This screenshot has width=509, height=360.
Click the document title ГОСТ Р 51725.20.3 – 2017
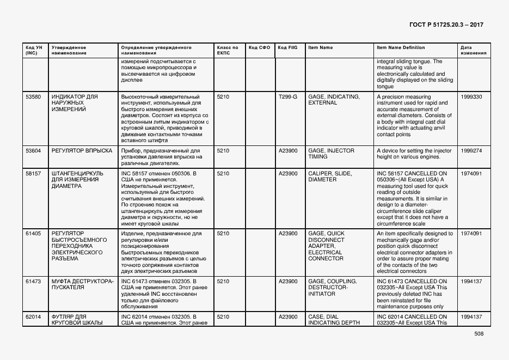(x=446, y=25)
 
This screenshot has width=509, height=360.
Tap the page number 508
(x=479, y=334)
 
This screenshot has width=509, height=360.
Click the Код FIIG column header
(x=287, y=47)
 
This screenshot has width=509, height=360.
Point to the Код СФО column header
(x=259, y=47)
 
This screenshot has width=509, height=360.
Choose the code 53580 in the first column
(x=33, y=97)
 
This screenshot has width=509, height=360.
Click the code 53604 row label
(x=33, y=150)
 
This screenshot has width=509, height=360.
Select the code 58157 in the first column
(x=33, y=174)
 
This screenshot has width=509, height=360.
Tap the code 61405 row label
(x=33, y=234)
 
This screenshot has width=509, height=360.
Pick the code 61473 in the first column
(x=33, y=282)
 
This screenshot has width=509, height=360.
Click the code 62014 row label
(x=33, y=316)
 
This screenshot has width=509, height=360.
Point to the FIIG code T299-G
(x=288, y=97)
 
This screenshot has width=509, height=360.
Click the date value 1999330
(x=471, y=97)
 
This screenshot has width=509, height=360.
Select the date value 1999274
(x=471, y=150)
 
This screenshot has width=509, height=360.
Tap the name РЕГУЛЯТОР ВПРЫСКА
(x=82, y=150)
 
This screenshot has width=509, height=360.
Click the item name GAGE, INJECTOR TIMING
(x=331, y=154)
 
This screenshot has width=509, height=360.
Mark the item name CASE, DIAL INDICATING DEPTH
(x=334, y=320)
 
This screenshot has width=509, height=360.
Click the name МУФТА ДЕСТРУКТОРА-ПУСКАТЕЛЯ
(x=82, y=284)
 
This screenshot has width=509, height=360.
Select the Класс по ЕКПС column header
(x=227, y=50)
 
